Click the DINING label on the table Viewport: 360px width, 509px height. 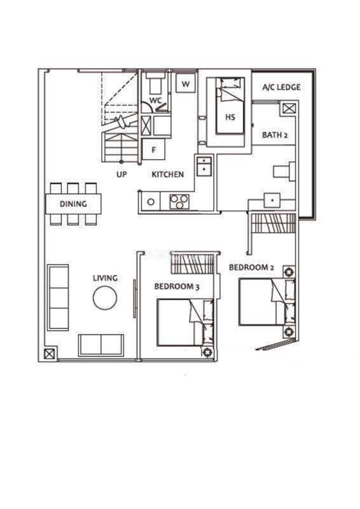73,204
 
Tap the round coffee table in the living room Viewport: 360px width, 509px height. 105,298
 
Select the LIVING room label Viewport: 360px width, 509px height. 105,278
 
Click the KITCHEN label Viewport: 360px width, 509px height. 167,174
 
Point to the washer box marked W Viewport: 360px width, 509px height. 186,83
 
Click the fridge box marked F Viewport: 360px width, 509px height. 153,150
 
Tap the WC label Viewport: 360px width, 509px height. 155,101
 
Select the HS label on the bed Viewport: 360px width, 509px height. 230,117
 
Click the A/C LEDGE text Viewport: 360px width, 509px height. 281,87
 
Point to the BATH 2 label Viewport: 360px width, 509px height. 275,135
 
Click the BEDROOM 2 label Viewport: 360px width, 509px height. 251,267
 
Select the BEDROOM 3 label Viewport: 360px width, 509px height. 177,287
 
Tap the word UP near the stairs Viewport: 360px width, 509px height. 121,174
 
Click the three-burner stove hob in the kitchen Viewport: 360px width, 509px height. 179,201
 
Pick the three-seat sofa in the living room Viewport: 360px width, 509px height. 58,297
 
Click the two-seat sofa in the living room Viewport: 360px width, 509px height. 101,345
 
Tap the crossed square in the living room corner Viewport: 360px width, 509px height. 49,354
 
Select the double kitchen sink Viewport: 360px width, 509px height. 205,165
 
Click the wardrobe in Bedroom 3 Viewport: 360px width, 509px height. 193,263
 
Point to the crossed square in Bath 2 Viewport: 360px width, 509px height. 289,108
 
